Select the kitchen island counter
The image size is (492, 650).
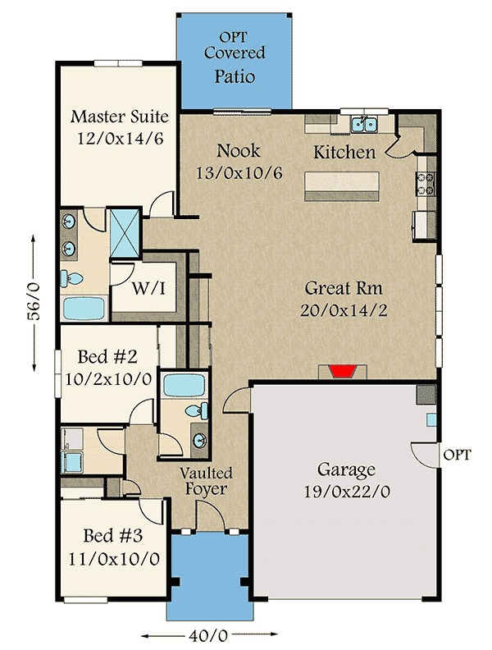click(x=343, y=185)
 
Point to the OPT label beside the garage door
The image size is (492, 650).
click(x=457, y=455)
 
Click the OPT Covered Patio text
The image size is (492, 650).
click(x=235, y=57)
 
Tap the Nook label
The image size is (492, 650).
click(x=239, y=151)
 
